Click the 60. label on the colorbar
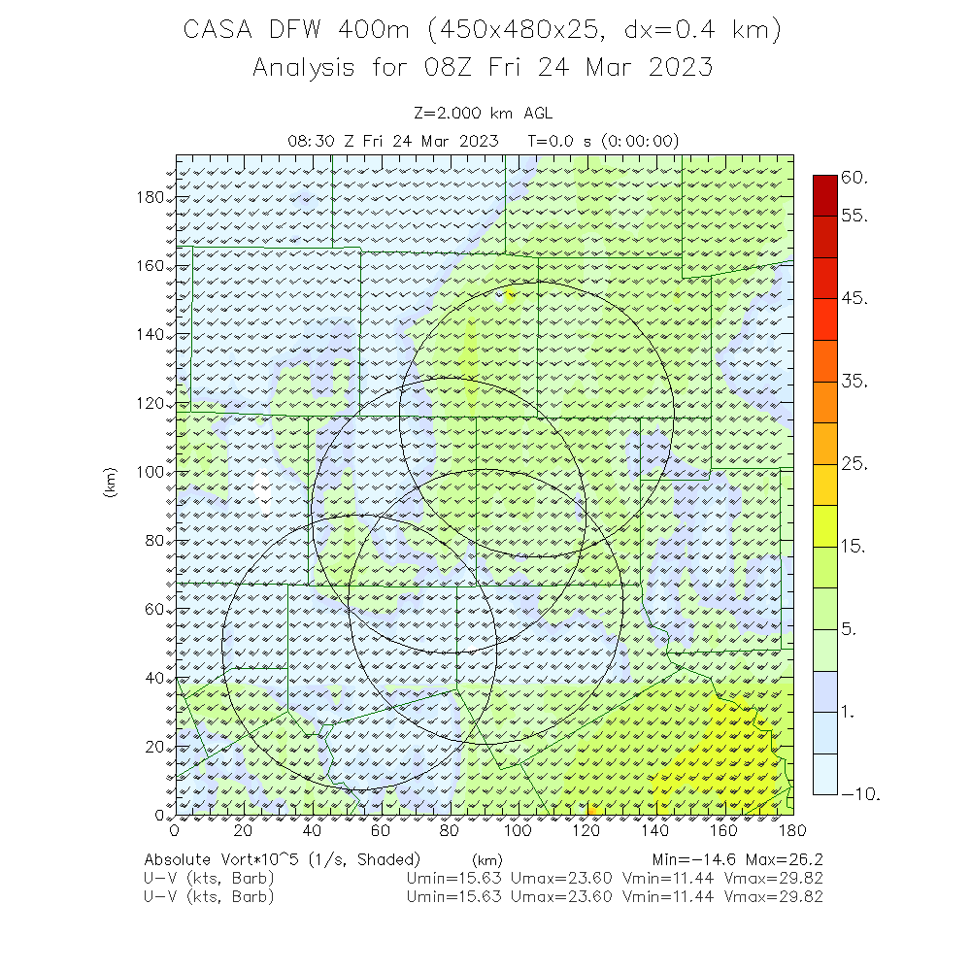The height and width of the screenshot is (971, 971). point(854,178)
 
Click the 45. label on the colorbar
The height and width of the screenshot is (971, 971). point(854,298)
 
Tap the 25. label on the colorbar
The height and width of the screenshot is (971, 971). point(854,463)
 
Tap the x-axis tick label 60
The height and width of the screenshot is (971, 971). point(381,830)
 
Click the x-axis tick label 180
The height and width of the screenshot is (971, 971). point(793,830)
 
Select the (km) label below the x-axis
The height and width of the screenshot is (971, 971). point(486,859)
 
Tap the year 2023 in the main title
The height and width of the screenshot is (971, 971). point(678,67)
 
